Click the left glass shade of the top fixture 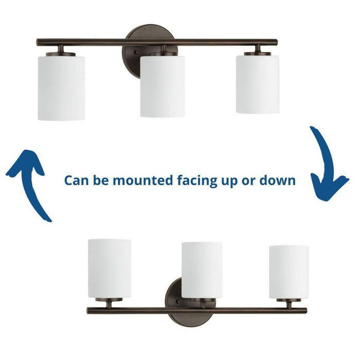[x=61, y=87]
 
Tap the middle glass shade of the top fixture [x=163, y=86]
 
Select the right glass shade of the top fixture [x=257, y=83]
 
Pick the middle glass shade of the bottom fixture [x=202, y=269]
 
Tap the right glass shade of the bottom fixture [x=289, y=272]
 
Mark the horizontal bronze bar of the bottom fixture [x=242, y=311]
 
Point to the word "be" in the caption [x=101, y=180]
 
